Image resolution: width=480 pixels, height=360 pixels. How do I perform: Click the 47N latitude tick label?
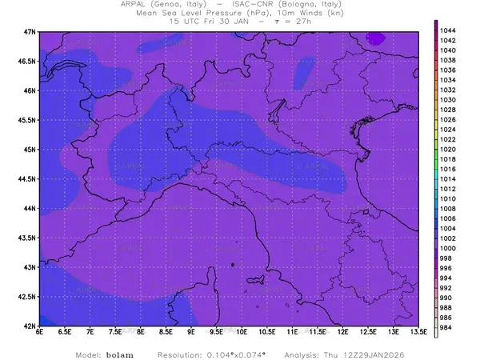click(x=30, y=31)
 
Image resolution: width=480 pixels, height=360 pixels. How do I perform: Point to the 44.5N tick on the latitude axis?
click(x=27, y=178)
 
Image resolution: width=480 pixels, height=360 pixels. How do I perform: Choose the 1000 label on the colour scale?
click(x=449, y=249)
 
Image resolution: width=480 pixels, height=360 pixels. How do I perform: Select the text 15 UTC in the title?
click(x=186, y=22)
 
